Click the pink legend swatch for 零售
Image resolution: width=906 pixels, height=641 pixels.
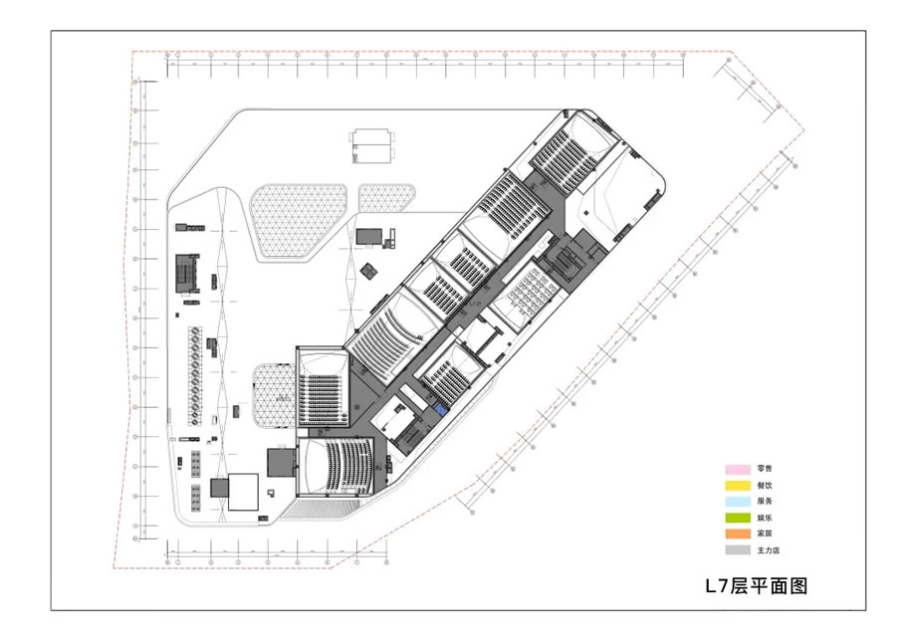click(x=737, y=469)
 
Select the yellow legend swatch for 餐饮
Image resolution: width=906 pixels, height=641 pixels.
click(x=737, y=485)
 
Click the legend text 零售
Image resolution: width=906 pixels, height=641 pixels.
click(x=764, y=469)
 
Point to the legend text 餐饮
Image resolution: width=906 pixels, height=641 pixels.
click(x=764, y=485)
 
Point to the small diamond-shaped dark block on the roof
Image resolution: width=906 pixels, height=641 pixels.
click(x=370, y=270)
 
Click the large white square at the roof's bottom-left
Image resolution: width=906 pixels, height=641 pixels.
click(x=243, y=492)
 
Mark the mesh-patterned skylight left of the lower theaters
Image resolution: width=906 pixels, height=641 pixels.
click(x=273, y=395)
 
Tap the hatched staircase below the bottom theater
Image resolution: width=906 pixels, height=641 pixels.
click(x=321, y=508)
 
